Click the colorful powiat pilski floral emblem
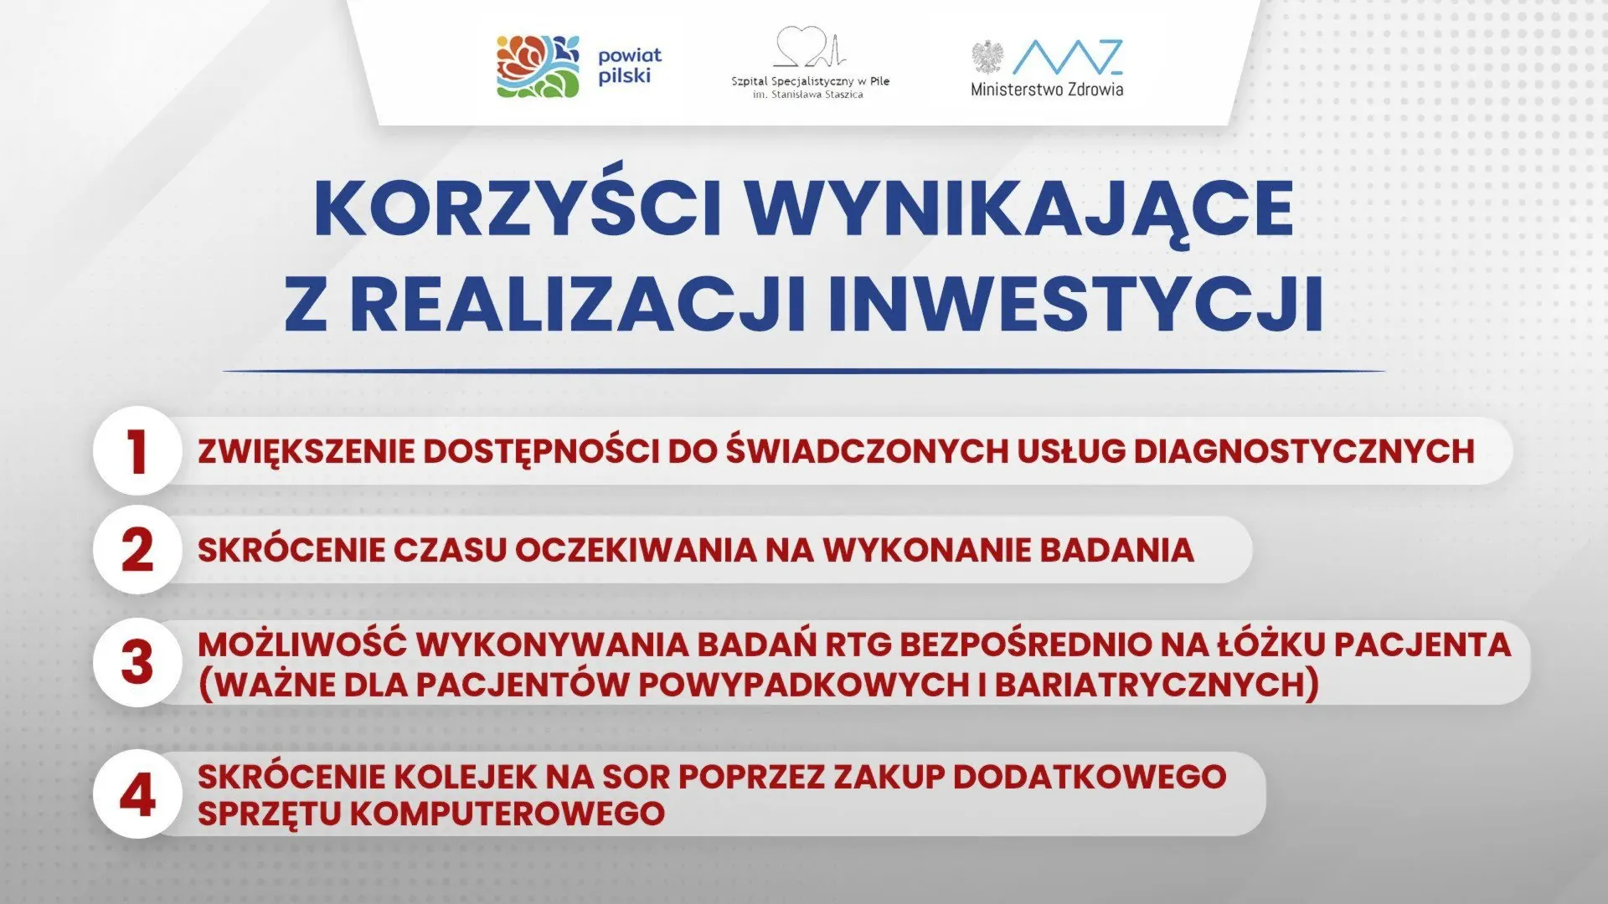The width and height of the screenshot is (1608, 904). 538,66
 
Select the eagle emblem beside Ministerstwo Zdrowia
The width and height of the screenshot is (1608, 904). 987,58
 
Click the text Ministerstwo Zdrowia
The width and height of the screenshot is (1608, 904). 1047,90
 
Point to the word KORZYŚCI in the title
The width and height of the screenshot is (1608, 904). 518,209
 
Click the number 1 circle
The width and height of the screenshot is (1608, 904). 137,451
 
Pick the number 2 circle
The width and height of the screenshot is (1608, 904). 137,550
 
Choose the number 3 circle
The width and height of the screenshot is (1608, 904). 137,662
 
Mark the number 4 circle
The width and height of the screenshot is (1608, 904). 137,794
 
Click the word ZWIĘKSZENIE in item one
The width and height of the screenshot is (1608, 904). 306,452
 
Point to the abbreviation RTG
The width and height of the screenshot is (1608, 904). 858,645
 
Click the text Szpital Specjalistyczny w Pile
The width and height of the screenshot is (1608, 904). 810,81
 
